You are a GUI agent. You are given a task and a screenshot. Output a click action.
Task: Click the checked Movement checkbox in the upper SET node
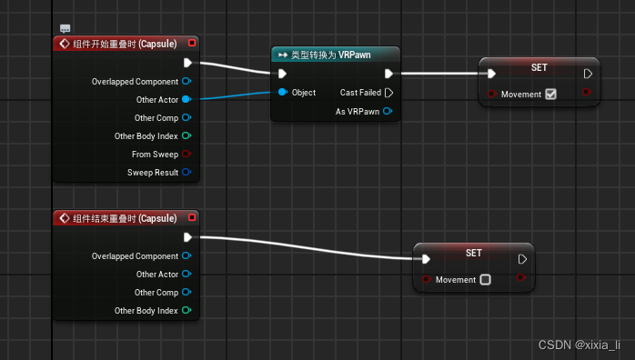click(x=550, y=94)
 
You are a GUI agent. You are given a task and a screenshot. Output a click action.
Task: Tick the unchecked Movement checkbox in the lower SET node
click(x=485, y=280)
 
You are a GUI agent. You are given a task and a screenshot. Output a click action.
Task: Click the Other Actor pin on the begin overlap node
click(x=186, y=99)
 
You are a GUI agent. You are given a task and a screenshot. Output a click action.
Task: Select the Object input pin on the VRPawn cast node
click(x=283, y=93)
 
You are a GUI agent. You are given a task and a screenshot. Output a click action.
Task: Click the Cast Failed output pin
click(x=389, y=93)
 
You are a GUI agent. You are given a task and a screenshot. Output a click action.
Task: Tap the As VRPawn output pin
click(x=388, y=111)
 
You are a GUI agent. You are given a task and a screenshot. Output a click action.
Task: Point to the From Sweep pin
click(x=186, y=154)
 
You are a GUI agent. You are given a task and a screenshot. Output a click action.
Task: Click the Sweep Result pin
click(x=186, y=172)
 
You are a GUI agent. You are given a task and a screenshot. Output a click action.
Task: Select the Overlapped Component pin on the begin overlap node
click(x=186, y=81)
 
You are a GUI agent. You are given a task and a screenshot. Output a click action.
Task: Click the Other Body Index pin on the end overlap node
click(x=186, y=311)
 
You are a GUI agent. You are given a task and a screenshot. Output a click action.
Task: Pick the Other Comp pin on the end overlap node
click(x=186, y=293)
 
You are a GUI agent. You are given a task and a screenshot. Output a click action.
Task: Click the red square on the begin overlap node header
click(x=191, y=44)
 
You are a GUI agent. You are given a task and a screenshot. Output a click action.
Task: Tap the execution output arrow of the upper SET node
click(x=588, y=74)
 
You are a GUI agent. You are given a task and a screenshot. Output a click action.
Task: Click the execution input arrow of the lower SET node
click(x=426, y=259)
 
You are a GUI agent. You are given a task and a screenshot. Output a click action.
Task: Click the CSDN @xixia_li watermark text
click(x=579, y=345)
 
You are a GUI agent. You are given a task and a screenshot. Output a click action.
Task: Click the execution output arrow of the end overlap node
click(x=187, y=237)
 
